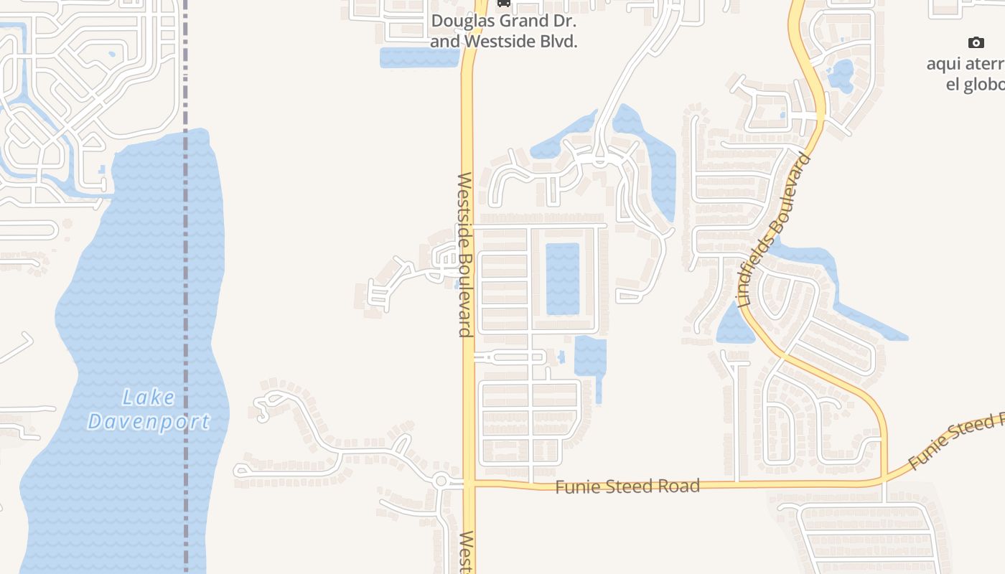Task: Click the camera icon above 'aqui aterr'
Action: (x=976, y=42)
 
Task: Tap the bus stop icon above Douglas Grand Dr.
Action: (x=504, y=3)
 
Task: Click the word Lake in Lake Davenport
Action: (x=149, y=397)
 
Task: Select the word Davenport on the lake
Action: (x=149, y=422)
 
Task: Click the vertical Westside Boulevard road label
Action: (x=465, y=255)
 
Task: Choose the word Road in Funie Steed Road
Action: (x=681, y=486)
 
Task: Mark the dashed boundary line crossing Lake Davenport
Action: (x=185, y=287)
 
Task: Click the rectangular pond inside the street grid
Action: (x=563, y=278)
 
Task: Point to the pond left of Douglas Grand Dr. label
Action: (x=418, y=58)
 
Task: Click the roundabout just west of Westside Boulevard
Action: (x=441, y=481)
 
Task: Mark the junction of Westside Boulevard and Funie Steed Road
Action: (x=469, y=484)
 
